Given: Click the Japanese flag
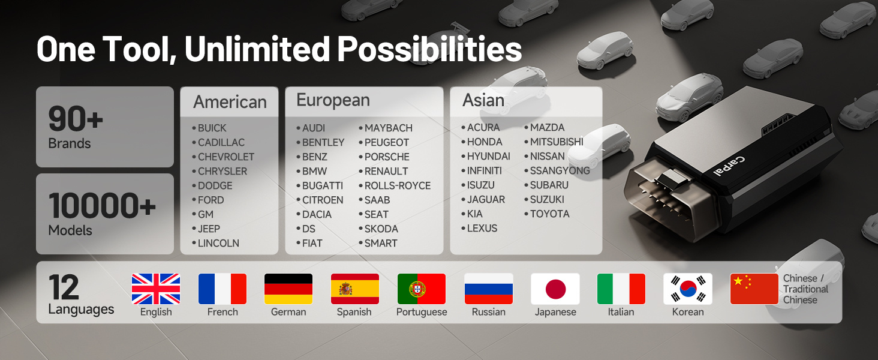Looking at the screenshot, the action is point(555,289).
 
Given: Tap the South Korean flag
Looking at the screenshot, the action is point(688,289).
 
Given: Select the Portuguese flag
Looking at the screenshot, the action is point(422,289).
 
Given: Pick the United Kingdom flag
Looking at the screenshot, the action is point(156,289).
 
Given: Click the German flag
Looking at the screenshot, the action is point(288,289).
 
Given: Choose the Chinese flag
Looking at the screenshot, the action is point(754,289).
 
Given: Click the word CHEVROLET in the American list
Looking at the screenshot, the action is point(225,157).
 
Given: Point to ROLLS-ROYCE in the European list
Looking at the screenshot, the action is point(398,185).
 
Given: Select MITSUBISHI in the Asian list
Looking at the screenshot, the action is point(557,142).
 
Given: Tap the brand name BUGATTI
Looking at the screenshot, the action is point(323,185).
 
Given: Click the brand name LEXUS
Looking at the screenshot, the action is point(482,228).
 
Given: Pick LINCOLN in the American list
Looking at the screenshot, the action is point(218,243).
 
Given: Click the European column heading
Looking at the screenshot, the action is point(333,100).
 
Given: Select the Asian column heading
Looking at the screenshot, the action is point(483,100).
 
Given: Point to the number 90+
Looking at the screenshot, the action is point(76,119).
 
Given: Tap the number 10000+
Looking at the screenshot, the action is point(102,205).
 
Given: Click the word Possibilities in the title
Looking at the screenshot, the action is point(429,49).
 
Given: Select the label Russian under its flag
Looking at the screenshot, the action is point(488,312).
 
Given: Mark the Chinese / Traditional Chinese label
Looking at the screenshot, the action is point(805,289).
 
